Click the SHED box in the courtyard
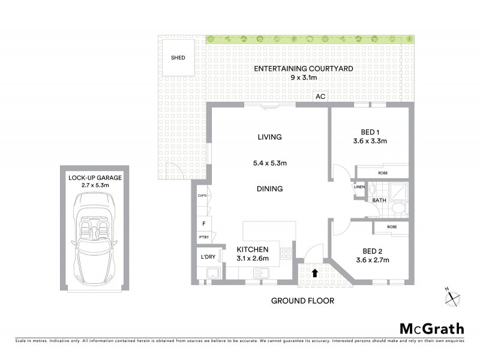[178, 58]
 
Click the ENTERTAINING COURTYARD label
[303, 69]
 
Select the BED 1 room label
[370, 132]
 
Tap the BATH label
[379, 200]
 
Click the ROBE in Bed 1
[382, 172]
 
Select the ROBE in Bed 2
[392, 227]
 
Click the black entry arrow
[315, 274]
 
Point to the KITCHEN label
[252, 250]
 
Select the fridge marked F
[203, 224]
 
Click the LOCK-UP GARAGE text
[96, 177]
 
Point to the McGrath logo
[431, 328]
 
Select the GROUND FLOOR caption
[302, 301]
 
